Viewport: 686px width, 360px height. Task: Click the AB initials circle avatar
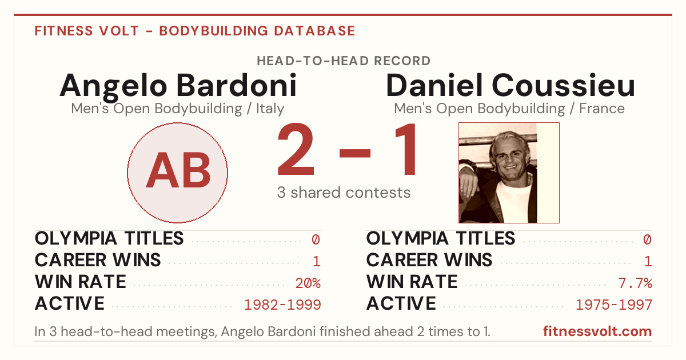click(177, 173)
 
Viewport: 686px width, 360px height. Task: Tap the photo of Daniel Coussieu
click(509, 173)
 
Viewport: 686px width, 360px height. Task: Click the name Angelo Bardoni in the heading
click(178, 86)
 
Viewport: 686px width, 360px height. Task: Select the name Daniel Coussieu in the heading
click(510, 85)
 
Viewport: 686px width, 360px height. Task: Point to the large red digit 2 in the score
click(296, 149)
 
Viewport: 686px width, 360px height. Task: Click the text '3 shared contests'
click(344, 193)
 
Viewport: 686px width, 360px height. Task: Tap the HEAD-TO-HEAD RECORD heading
click(344, 61)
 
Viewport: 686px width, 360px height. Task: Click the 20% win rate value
click(308, 283)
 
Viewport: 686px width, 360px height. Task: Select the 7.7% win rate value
click(635, 283)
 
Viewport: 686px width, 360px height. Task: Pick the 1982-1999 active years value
click(282, 305)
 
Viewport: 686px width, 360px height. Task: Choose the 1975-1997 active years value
click(614, 305)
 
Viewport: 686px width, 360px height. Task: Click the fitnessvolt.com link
click(597, 331)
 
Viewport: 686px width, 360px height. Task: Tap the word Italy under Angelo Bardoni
click(270, 109)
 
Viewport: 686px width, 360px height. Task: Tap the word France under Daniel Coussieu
click(602, 109)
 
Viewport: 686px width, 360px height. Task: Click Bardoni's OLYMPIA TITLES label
click(109, 238)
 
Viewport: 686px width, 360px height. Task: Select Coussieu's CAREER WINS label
click(429, 260)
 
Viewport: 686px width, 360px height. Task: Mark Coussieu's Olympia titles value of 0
click(647, 239)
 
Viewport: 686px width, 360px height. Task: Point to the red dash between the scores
click(355, 153)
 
